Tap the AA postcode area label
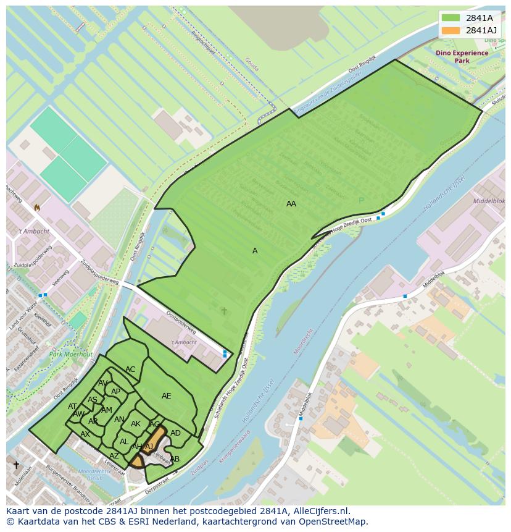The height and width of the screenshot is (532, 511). (291, 204)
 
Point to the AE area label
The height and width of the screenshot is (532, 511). (167, 396)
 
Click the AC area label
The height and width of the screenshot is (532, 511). (130, 369)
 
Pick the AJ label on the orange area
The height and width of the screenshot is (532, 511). (149, 446)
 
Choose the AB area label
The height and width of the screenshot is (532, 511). (175, 459)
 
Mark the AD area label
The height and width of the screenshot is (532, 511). (175, 433)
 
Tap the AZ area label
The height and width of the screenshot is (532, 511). (114, 456)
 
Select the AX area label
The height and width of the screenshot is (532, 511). (85, 434)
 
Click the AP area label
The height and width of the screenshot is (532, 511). (115, 392)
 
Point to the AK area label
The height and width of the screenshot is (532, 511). (136, 424)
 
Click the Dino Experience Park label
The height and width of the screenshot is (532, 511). (462, 57)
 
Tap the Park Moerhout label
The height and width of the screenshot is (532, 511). (71, 355)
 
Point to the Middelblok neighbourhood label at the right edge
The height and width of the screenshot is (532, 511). (489, 201)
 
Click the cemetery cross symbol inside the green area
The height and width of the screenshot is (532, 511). (224, 311)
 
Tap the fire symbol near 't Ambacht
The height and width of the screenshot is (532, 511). (37, 208)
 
